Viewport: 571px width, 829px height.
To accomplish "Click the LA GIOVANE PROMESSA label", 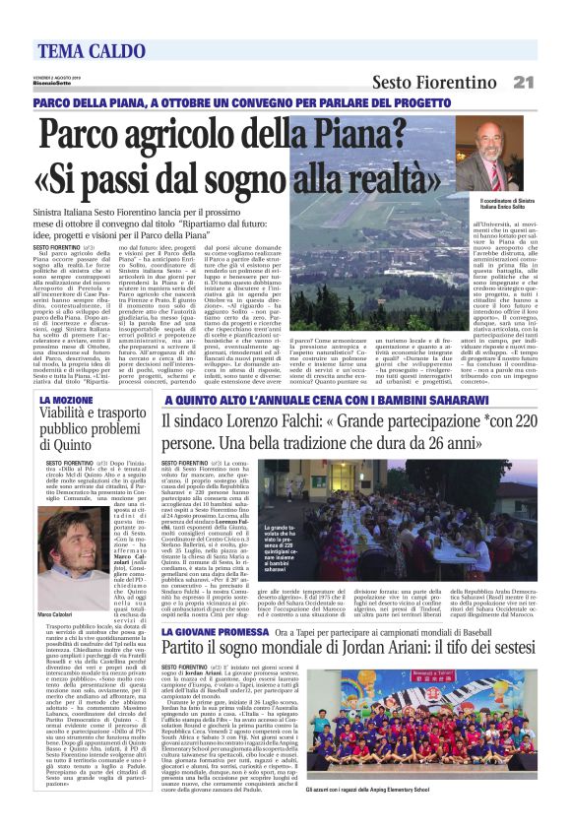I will (212, 603).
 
